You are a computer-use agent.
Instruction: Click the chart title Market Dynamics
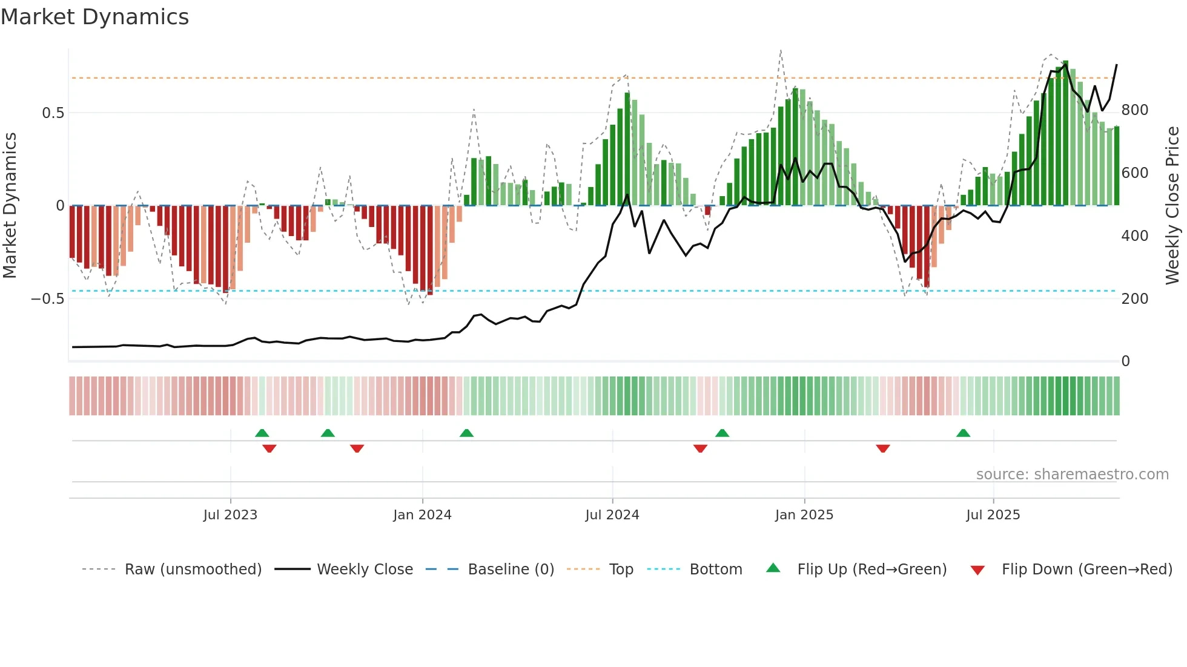(95, 17)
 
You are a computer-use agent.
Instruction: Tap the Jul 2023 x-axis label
(230, 515)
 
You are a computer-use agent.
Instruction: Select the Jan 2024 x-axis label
(422, 515)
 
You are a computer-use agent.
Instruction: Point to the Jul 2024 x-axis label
(612, 515)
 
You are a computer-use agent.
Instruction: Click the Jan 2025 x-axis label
(804, 515)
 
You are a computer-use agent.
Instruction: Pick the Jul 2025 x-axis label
(993, 515)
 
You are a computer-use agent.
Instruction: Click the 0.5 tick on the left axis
(53, 113)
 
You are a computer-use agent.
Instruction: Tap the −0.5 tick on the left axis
(48, 299)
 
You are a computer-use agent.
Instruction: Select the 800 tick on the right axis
(1134, 110)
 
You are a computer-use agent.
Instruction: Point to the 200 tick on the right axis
(1134, 299)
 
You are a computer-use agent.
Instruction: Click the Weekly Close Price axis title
(1172, 205)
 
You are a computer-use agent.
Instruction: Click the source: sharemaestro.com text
(1072, 475)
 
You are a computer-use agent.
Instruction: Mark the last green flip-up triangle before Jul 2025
(963, 433)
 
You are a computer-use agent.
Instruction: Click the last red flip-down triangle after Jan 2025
(883, 448)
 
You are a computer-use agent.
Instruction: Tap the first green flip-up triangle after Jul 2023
(262, 433)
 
